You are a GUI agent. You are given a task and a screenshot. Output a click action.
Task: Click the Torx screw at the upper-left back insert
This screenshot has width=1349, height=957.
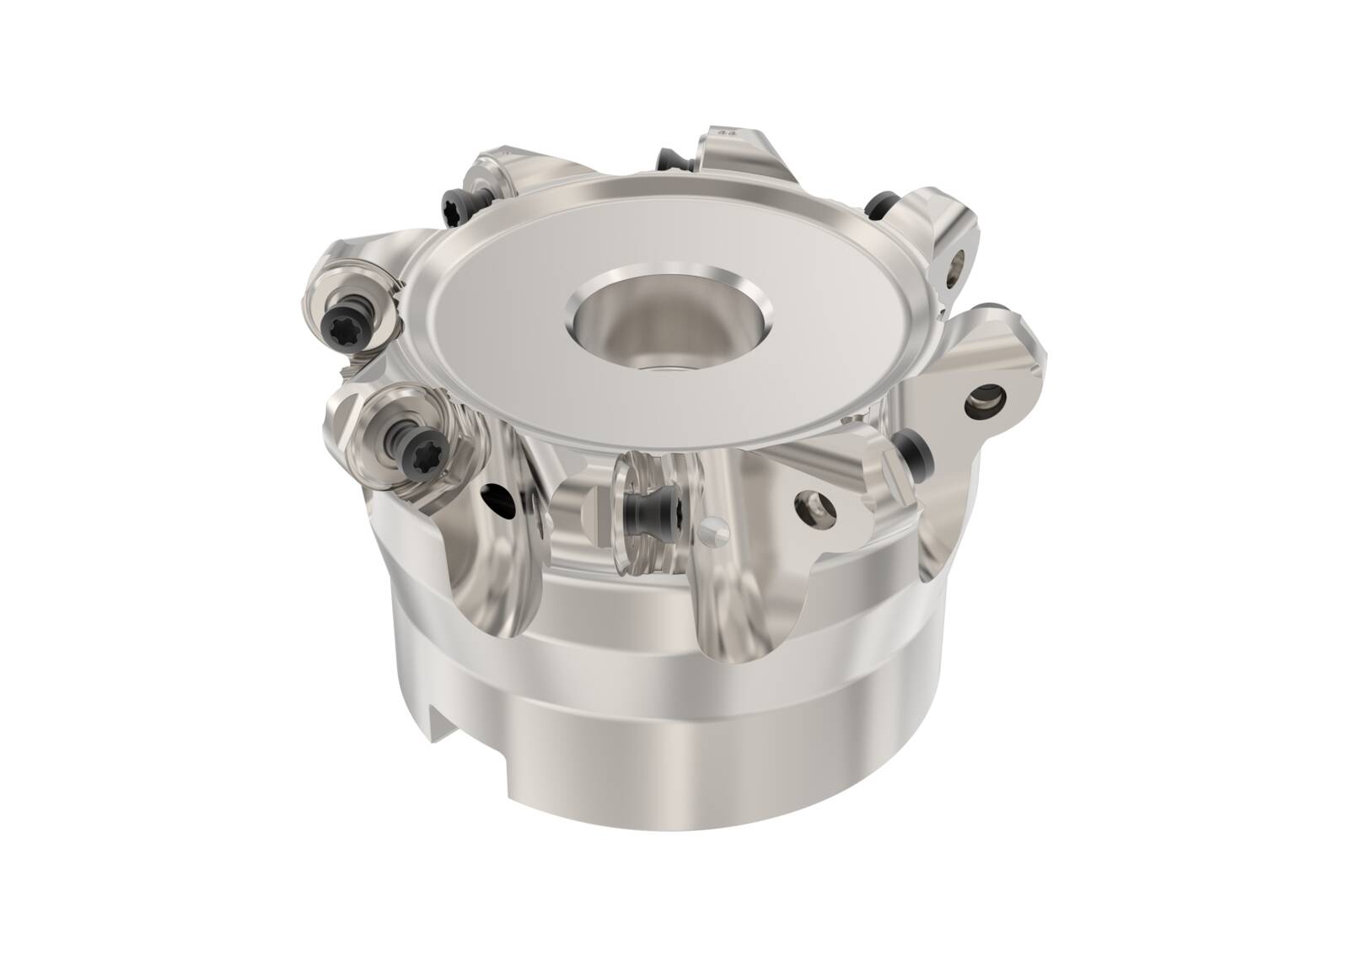coord(454,201)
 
